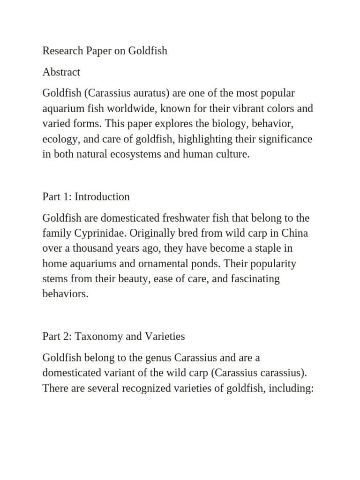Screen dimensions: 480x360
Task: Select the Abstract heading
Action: click(x=61, y=72)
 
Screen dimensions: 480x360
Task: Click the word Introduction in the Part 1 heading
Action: click(x=102, y=196)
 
